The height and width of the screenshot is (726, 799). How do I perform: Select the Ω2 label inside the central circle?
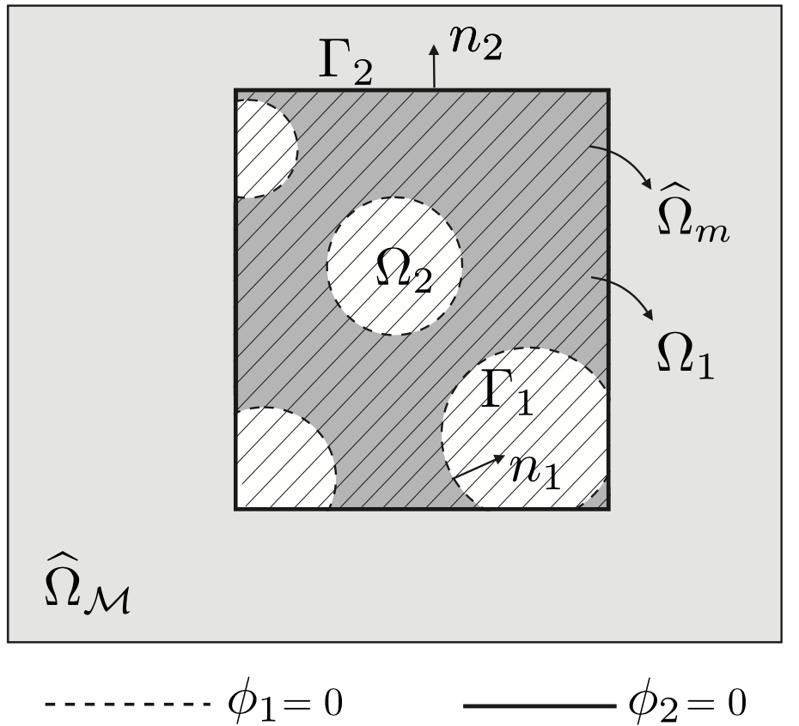(404, 273)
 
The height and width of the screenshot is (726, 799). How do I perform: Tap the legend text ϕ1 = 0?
(284, 704)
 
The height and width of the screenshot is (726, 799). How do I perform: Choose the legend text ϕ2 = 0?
(687, 704)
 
